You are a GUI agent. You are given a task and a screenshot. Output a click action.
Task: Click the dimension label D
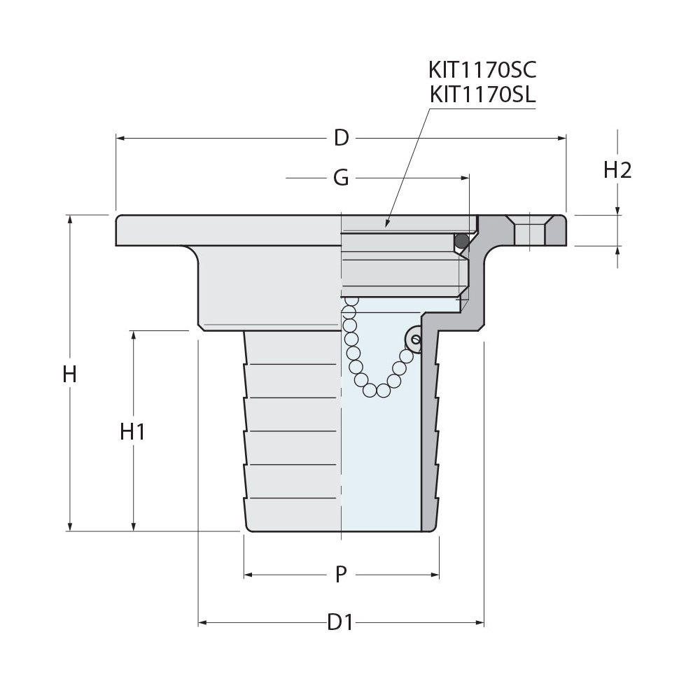pyautogui.click(x=341, y=138)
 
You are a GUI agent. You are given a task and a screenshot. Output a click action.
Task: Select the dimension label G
pyautogui.click(x=341, y=178)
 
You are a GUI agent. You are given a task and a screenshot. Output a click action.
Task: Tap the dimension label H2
pyautogui.click(x=617, y=170)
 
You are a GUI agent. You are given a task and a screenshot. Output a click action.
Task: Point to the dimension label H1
pyautogui.click(x=132, y=432)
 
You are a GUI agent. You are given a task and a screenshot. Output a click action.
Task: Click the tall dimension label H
pyautogui.click(x=69, y=374)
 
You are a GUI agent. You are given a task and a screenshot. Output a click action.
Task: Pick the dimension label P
pyautogui.click(x=341, y=575)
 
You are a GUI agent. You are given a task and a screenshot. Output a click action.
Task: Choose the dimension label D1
pyautogui.click(x=340, y=622)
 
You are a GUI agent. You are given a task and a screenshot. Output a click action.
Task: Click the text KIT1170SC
pyautogui.click(x=482, y=70)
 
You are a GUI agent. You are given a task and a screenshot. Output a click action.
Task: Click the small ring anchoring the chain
pyautogui.click(x=414, y=340)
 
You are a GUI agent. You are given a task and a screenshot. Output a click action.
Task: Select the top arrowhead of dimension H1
pyautogui.click(x=133, y=335)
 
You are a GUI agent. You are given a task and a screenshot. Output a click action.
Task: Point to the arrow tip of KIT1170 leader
pyautogui.click(x=386, y=225)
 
